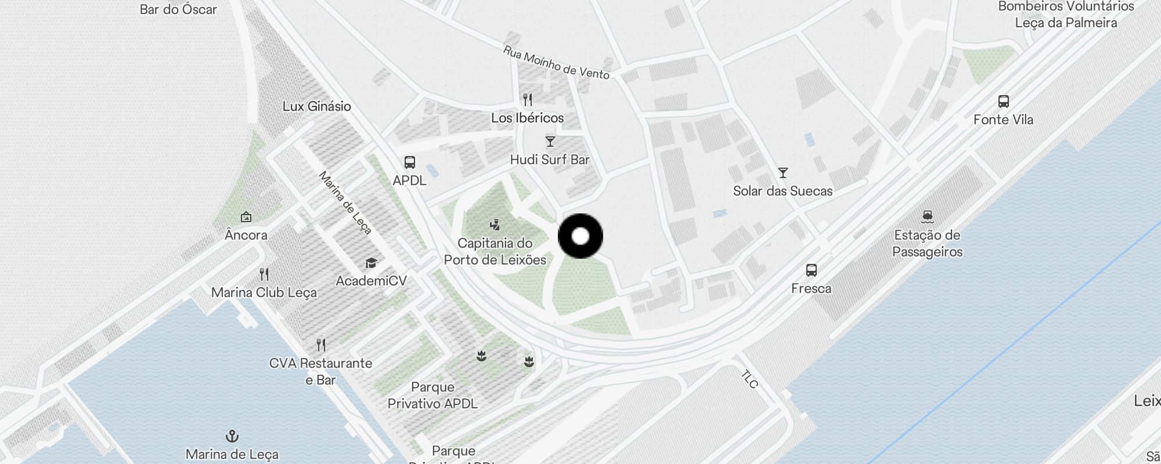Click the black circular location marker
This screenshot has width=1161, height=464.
pos(580,236)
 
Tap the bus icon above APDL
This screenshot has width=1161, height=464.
pos(410,162)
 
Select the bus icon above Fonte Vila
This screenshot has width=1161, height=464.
pos(1003,101)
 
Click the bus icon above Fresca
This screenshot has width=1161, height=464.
pos(811,270)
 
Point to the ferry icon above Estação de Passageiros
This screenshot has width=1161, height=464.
pos(927,217)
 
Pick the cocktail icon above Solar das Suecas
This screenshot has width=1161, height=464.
pos(783,173)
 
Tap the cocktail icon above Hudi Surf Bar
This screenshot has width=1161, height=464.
pos(550,142)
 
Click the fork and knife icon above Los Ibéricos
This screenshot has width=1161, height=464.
pos(527,100)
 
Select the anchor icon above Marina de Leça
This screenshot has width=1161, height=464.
pos(232,436)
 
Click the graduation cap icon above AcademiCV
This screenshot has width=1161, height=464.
pos(371,263)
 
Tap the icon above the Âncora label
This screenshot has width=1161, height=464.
pos(246,217)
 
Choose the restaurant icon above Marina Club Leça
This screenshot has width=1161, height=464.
pos(264,274)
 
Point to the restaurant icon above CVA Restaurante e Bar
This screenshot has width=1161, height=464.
pos(321,345)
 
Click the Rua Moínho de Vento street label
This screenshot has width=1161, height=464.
pos(556,63)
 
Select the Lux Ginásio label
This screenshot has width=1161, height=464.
pos(317,106)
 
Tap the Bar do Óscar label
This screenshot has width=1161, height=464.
pos(178,9)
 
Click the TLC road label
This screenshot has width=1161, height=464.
pos(749,379)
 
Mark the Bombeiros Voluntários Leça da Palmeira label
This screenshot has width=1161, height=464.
pos(1066,14)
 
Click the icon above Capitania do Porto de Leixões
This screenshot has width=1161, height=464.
pos(495,224)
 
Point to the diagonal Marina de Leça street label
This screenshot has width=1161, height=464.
pos(345,203)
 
